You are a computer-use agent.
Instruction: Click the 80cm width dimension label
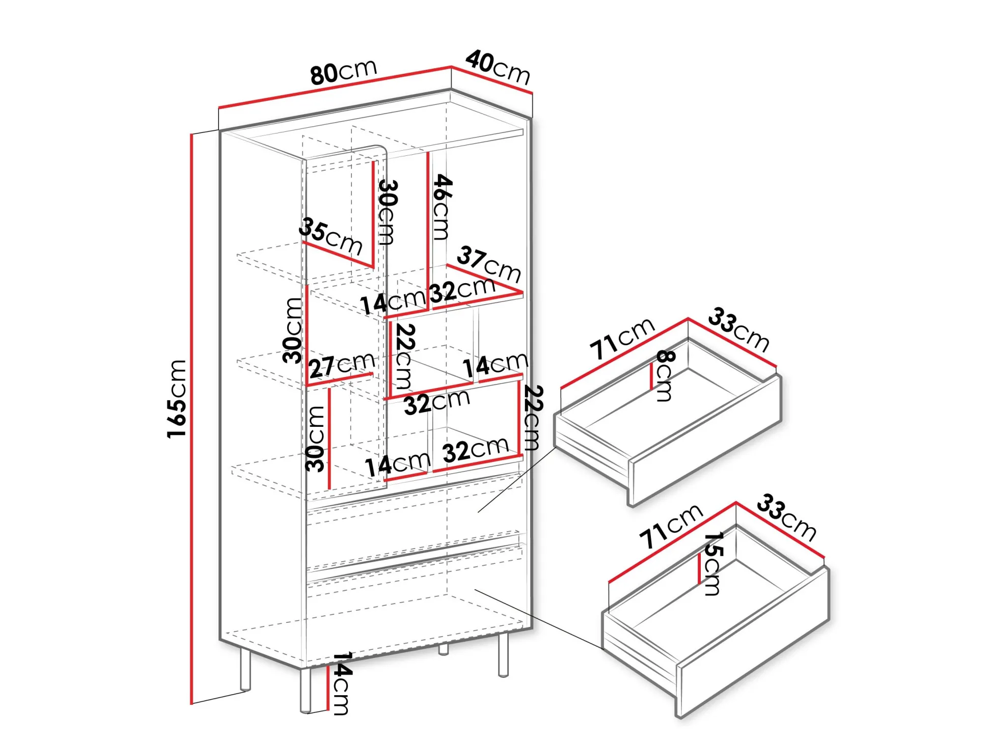point(344,72)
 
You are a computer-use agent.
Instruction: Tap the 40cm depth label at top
point(498,67)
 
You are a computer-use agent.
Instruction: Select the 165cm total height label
point(177,398)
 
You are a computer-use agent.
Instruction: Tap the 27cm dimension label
point(342,365)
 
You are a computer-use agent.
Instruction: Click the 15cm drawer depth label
point(712,564)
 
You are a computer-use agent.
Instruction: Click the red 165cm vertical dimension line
point(191,419)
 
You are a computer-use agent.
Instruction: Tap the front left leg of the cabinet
point(306,690)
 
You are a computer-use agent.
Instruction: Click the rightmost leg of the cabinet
point(503,654)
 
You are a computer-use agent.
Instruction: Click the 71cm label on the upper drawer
point(622,338)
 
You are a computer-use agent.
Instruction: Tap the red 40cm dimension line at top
point(491,80)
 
